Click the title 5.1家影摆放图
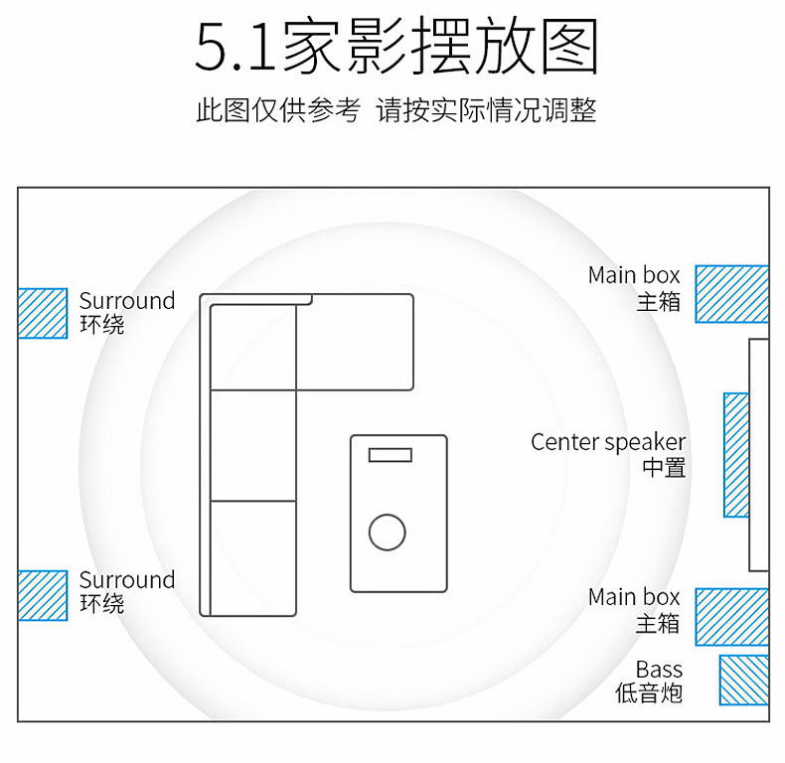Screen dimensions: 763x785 tap(396, 47)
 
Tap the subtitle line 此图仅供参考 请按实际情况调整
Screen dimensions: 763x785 tap(396, 110)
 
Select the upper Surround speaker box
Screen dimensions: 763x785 tap(43, 313)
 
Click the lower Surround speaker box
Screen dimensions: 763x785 tap(43, 595)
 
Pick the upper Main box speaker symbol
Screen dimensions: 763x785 tap(731, 294)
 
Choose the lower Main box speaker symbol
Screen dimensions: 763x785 tap(731, 617)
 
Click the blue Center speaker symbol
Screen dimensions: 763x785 tap(736, 455)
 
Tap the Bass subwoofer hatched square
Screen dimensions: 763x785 tap(743, 681)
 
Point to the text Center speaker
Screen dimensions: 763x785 tap(608, 442)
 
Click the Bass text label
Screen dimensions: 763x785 tap(659, 670)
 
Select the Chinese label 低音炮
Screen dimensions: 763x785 tap(649, 693)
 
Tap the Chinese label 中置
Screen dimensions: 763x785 tap(664, 467)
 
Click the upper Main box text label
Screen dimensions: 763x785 tap(634, 275)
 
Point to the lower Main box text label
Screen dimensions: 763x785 tap(634, 597)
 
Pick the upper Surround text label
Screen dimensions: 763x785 tap(127, 301)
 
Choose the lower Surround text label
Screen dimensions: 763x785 tap(127, 580)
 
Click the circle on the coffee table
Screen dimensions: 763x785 tap(387, 533)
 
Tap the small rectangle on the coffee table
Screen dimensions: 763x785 tap(390, 455)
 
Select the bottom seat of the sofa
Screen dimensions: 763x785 tap(254, 557)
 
